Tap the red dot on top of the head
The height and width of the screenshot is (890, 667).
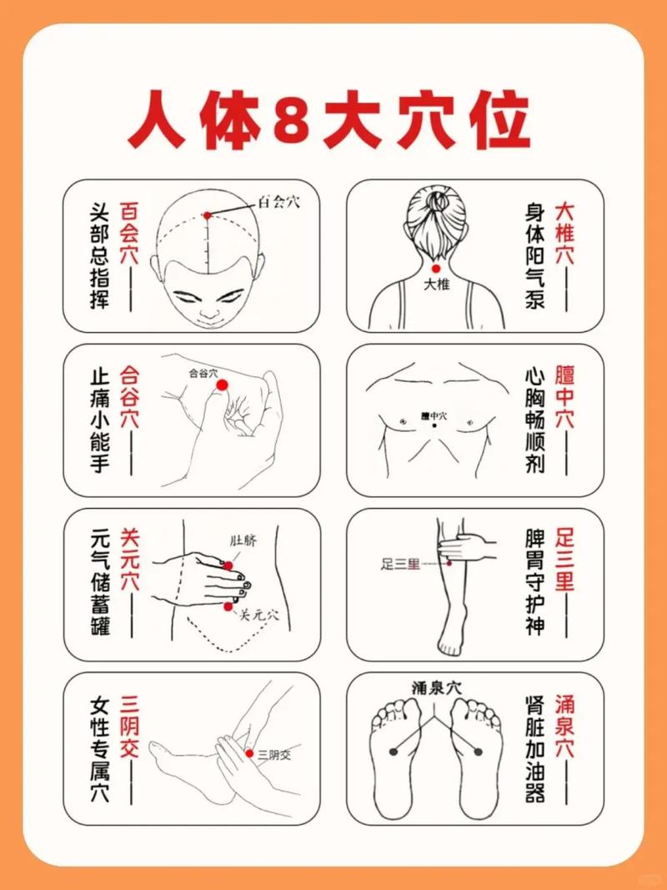[208, 215]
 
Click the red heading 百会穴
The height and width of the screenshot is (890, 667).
[129, 233]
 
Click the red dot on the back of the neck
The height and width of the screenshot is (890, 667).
[435, 269]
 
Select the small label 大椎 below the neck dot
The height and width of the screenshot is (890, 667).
[436, 285]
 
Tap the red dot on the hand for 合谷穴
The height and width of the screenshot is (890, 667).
[222, 385]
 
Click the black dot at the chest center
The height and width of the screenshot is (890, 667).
[434, 426]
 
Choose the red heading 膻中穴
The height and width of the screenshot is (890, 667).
[566, 396]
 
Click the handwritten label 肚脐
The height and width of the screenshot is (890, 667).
[243, 540]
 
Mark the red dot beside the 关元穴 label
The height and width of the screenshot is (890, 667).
[228, 607]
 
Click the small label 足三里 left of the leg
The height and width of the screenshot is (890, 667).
[399, 565]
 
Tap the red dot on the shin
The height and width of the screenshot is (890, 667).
[448, 563]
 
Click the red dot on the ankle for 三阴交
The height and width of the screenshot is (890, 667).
[249, 753]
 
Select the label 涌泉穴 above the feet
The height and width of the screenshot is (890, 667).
[436, 688]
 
